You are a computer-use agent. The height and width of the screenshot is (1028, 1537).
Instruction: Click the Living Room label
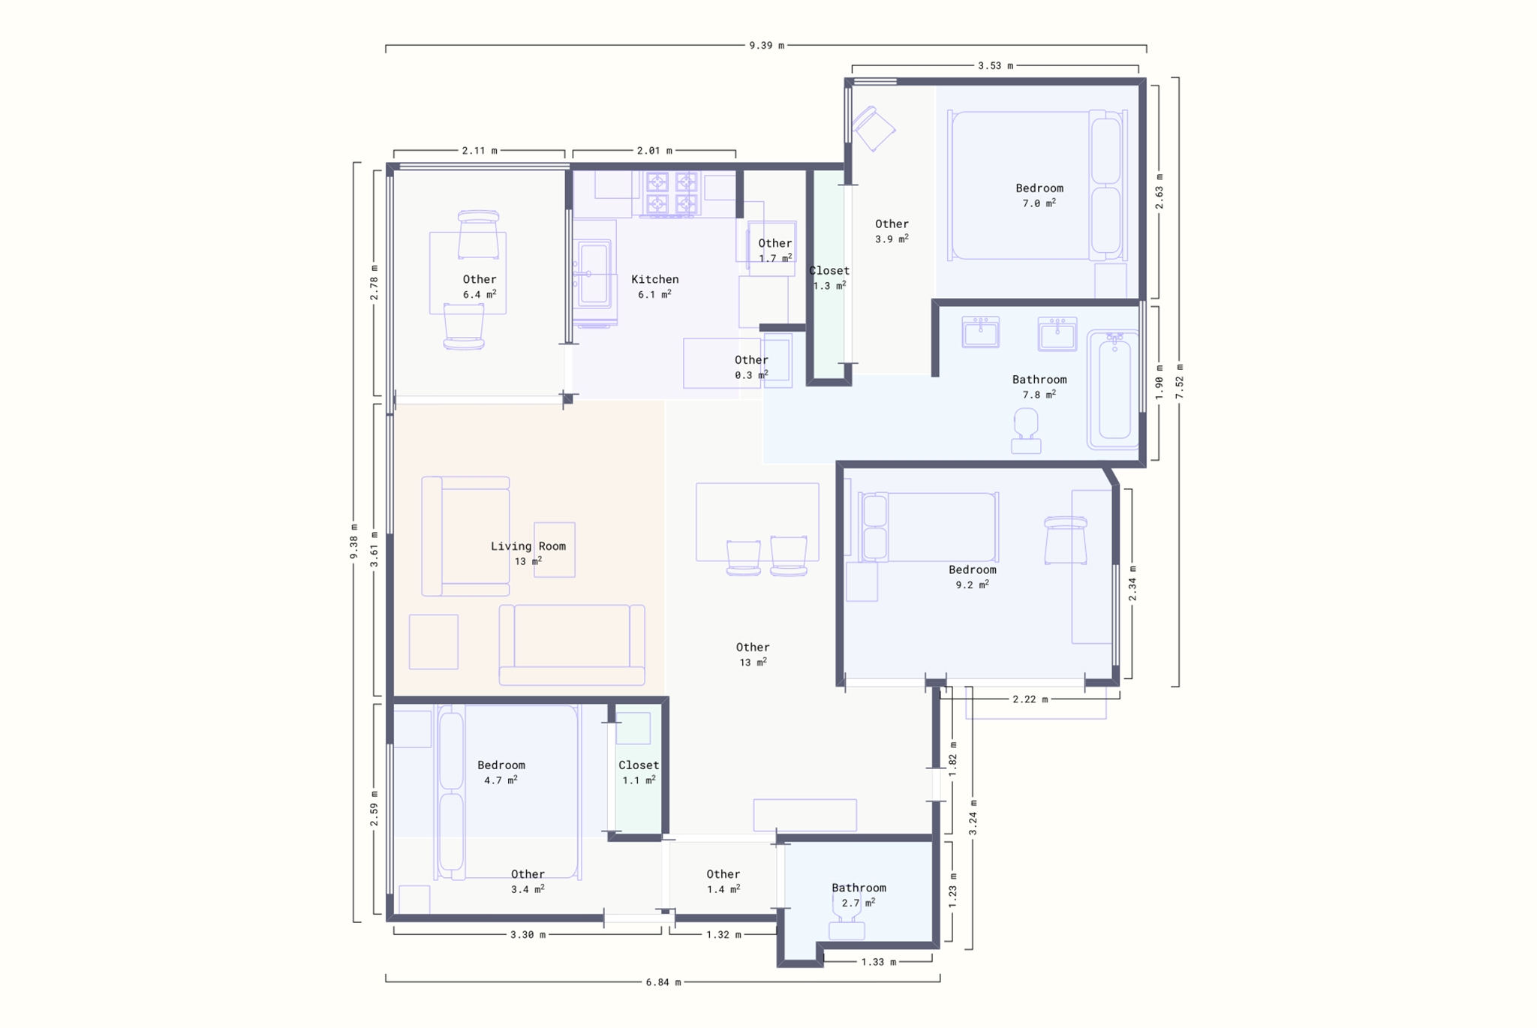pyautogui.click(x=528, y=546)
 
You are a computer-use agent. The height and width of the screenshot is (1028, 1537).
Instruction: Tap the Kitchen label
pyautogui.click(x=655, y=279)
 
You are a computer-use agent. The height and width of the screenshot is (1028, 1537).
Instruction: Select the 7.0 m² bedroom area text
pyautogui.click(x=1039, y=203)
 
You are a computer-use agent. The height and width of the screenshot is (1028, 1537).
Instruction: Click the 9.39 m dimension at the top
pyautogui.click(x=766, y=46)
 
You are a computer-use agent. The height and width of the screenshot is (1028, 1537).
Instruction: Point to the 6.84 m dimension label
pyautogui.click(x=663, y=982)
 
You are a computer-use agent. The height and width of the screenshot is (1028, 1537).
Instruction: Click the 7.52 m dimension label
pyautogui.click(x=1179, y=381)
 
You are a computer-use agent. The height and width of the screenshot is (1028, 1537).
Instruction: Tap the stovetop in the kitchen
pyautogui.click(x=672, y=194)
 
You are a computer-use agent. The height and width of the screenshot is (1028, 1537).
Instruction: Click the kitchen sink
pyautogui.click(x=594, y=273)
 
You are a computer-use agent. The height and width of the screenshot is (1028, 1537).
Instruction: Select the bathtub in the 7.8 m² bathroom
pyautogui.click(x=1114, y=389)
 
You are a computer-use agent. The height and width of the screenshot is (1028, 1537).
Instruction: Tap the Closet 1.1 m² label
pyautogui.click(x=639, y=773)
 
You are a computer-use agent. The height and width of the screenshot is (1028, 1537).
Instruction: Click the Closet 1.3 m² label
pyautogui.click(x=829, y=278)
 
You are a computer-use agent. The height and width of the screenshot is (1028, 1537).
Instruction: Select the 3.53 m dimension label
pyautogui.click(x=995, y=66)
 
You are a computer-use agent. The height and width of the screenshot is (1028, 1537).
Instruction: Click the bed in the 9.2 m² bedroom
pyautogui.click(x=928, y=528)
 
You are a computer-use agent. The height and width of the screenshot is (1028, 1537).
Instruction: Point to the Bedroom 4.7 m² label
pyautogui.click(x=501, y=773)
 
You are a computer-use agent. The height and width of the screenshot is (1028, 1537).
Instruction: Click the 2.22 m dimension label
pyautogui.click(x=1030, y=699)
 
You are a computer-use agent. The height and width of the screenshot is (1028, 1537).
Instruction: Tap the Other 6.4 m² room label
pyautogui.click(x=480, y=287)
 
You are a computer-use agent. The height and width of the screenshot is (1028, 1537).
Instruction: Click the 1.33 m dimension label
pyautogui.click(x=879, y=962)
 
